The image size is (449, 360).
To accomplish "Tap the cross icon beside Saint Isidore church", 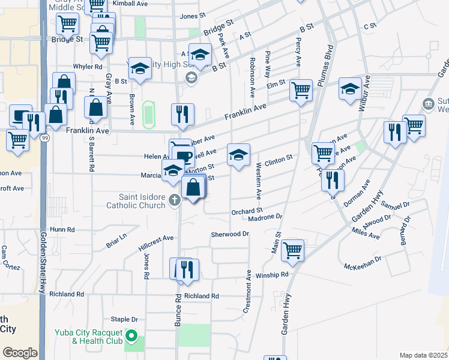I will (175, 200).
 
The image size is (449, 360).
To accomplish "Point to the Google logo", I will (20, 352).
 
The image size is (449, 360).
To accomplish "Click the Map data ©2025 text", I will (423, 355).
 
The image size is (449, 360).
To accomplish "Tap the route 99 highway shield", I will (44, 137).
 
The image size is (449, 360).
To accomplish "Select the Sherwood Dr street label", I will (230, 234).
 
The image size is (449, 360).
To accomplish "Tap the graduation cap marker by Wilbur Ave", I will (350, 89).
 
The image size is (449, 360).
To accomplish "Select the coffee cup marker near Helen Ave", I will (184, 157).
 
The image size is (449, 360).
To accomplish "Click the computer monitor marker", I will (21, 114).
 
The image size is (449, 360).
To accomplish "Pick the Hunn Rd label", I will (62, 229).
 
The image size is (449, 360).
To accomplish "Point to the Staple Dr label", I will (125, 319).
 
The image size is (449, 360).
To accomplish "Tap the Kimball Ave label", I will (130, 3).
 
